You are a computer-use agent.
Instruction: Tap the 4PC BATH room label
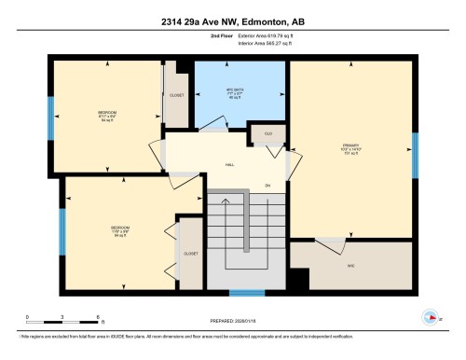point(240,93)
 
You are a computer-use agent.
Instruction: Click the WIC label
point(351,265)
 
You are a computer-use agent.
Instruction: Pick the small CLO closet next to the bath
point(267,134)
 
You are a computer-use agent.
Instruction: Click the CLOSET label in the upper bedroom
point(178,95)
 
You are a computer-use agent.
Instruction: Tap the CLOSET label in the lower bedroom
point(190,253)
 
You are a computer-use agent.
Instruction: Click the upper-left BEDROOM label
point(107,116)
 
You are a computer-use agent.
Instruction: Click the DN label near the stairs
point(267,184)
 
